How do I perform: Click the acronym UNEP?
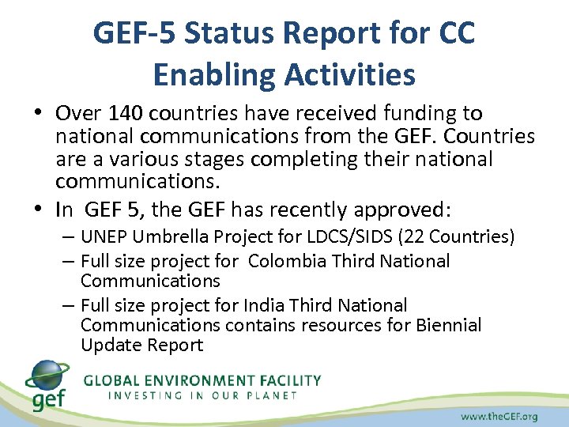[102, 237]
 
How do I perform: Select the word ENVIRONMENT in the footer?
[197, 380]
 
